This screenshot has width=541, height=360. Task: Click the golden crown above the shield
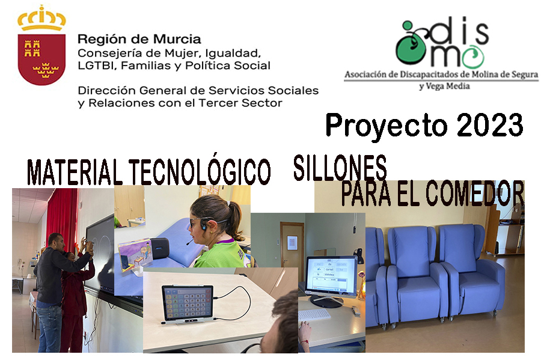tap(41, 18)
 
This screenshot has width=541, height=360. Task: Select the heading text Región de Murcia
tap(139, 40)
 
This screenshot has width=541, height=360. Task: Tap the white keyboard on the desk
tap(314, 314)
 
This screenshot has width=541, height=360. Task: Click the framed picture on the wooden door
tap(292, 242)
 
